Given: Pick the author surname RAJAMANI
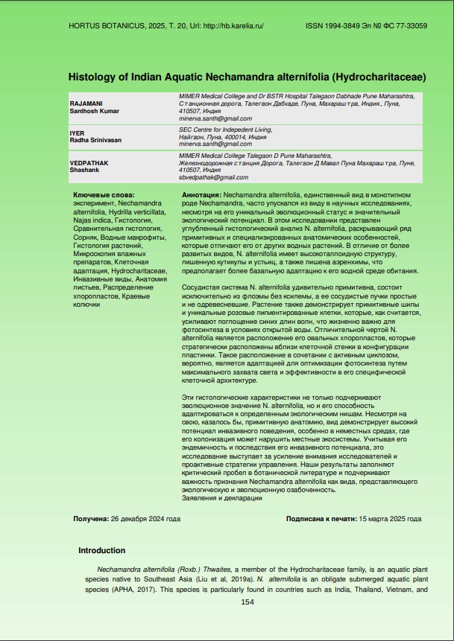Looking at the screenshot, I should coord(85,103).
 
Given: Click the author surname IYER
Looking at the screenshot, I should coord(77,133).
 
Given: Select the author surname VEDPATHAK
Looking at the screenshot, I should coord(87,162).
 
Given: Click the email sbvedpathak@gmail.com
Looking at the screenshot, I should coord(213,177).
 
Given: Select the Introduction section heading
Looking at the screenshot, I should coord(101,550).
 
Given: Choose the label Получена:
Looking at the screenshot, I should coord(90,518).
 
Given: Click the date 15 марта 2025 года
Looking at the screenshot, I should coord(390,518).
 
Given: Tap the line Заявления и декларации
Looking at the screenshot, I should coord(221,497).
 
